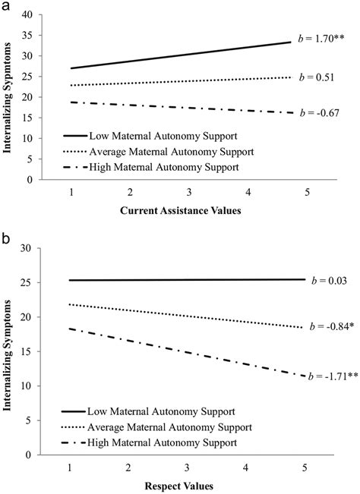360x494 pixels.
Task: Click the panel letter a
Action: coord(6,6)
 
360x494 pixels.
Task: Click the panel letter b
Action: coord(6,238)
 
